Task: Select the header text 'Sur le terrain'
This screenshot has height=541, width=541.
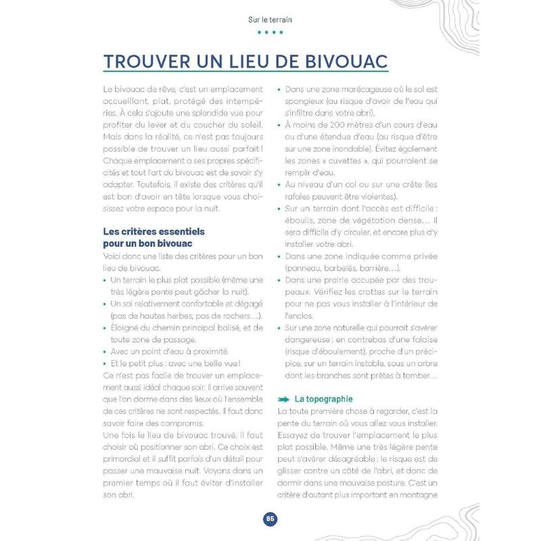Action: pos(270,20)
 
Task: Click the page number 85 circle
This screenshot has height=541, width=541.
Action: pos(270,519)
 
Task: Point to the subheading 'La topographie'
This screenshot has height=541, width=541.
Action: pos(323,399)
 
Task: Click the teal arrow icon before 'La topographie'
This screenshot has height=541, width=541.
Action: pos(284,399)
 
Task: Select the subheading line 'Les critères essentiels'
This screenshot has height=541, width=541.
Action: pos(154,231)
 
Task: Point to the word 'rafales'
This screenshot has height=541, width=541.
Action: pos(293,196)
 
